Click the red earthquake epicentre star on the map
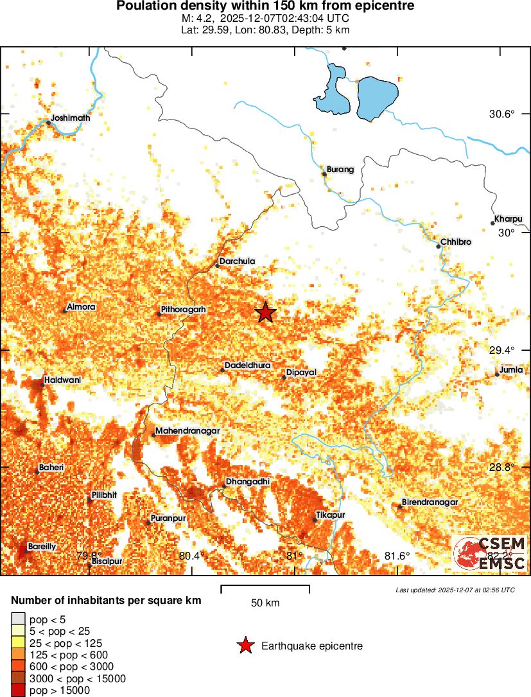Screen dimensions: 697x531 tap(266, 312)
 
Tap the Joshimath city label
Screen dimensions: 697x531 tap(71, 118)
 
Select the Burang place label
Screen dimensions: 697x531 tap(340, 170)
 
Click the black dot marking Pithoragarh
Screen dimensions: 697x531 tap(159, 314)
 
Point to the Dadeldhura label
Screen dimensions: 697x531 tap(247, 366)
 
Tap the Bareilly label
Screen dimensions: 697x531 tap(42, 546)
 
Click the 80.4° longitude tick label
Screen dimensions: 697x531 tap(192, 556)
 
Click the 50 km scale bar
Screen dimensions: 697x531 tap(265, 587)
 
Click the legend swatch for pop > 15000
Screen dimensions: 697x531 tap(17, 691)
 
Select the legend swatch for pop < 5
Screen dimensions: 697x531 tap(17, 620)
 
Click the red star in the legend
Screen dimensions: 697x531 tap(245, 646)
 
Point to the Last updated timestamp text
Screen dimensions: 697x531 tap(455, 590)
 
